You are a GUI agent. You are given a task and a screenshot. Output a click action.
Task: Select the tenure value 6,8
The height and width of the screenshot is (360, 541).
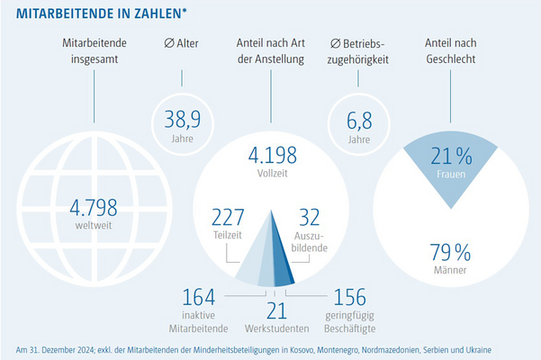pyautogui.click(x=353, y=116)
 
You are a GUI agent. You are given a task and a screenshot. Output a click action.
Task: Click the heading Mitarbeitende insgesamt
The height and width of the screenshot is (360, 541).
pyautogui.click(x=93, y=51)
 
